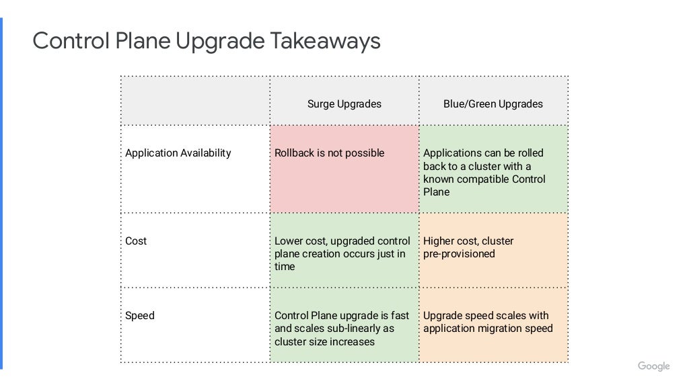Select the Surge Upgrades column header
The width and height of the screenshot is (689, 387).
pyautogui.click(x=344, y=103)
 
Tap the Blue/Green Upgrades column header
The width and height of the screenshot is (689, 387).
pyautogui.click(x=493, y=103)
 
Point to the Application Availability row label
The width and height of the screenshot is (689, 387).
pyautogui.click(x=178, y=153)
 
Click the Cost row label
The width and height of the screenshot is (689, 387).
pyautogui.click(x=136, y=241)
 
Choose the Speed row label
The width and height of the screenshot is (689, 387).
pyautogui.click(x=140, y=315)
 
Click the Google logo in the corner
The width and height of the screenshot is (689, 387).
pyautogui.click(x=653, y=366)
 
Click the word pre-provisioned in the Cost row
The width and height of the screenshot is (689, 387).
pyautogui.click(x=459, y=254)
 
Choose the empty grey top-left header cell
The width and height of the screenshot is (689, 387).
pyautogui.click(x=195, y=101)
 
